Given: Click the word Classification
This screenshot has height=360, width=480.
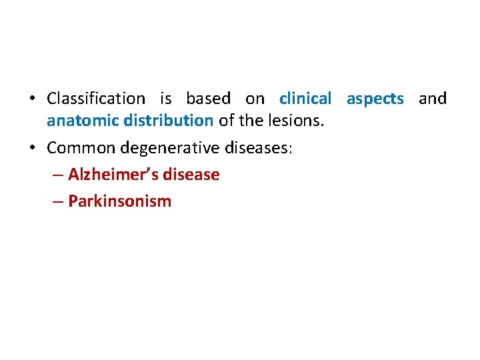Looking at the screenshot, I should point(95,99).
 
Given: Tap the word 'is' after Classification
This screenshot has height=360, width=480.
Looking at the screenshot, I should point(165,99).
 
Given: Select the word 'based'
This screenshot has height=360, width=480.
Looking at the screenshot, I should point(208,99).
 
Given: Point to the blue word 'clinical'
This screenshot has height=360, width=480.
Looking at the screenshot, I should point(305,99).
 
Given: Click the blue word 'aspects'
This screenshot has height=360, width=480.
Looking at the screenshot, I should point(375,99).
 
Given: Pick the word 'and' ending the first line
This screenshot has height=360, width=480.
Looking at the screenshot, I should point(432,99).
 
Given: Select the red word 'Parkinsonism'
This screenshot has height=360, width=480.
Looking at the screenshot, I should point(119,201).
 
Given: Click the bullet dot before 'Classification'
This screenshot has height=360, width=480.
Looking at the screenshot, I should point(31,99).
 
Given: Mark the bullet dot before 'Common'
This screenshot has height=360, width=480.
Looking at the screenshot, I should point(31,148).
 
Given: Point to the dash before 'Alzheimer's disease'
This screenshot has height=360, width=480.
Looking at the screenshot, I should point(57,175).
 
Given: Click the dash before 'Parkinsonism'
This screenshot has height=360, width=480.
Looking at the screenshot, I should point(57,201).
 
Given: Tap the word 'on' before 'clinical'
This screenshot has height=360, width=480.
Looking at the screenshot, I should point(255,99).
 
